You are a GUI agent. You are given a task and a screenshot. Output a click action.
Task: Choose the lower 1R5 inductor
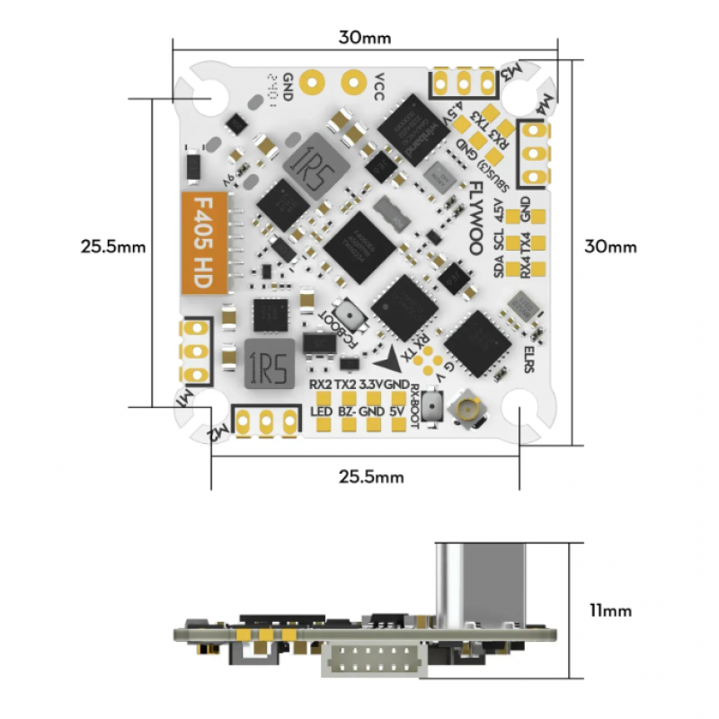pyautogui.click(x=268, y=363)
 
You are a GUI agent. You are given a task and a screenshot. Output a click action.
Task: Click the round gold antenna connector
pyautogui.click(x=467, y=411)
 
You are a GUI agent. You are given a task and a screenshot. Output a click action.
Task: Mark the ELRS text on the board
pyautogui.click(x=529, y=354)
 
